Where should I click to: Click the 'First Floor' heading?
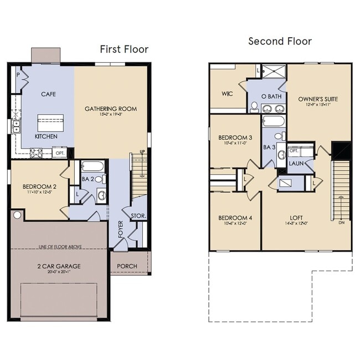(x=124, y=49)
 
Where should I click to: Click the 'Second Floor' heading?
(x=280, y=41)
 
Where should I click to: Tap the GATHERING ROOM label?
(x=111, y=109)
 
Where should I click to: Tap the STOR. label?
(x=138, y=215)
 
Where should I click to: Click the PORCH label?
(x=127, y=266)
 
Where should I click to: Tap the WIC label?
(x=227, y=93)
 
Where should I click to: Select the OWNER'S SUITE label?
(x=318, y=99)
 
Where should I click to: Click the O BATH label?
(x=272, y=96)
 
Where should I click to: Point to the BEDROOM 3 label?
(x=235, y=138)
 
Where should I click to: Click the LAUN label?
(x=295, y=164)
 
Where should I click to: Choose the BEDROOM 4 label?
(x=235, y=218)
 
